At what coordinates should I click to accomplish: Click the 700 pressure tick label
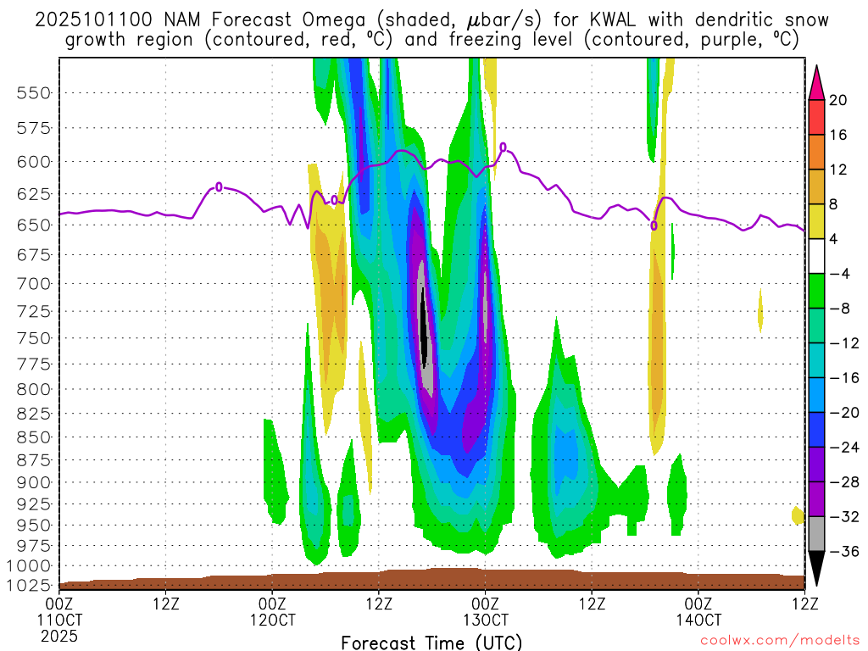[34, 283]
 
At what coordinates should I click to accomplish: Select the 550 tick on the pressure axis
[34, 93]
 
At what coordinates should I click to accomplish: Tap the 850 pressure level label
[34, 437]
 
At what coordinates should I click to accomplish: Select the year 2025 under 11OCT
[59, 635]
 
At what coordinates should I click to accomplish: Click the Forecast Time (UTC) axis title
[431, 642]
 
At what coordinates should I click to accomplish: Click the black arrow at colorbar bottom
[815, 569]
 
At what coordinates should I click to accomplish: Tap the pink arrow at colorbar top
[815, 82]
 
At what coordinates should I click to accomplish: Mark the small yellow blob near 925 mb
[797, 515]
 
